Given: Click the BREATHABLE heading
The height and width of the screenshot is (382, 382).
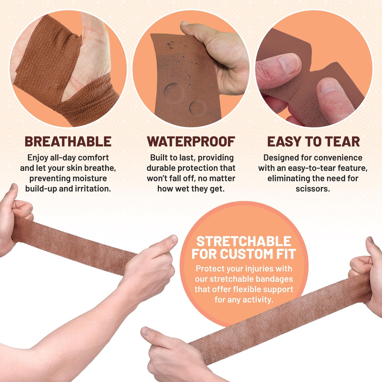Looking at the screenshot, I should tap(68, 142).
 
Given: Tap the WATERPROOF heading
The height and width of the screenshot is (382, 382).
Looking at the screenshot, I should tap(191, 142).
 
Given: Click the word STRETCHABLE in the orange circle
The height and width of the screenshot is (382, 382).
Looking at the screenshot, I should tap(243, 241).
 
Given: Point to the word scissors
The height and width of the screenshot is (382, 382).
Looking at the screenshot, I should tap(312, 189).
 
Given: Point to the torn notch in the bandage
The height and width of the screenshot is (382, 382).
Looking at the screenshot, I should tap(312, 71).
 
